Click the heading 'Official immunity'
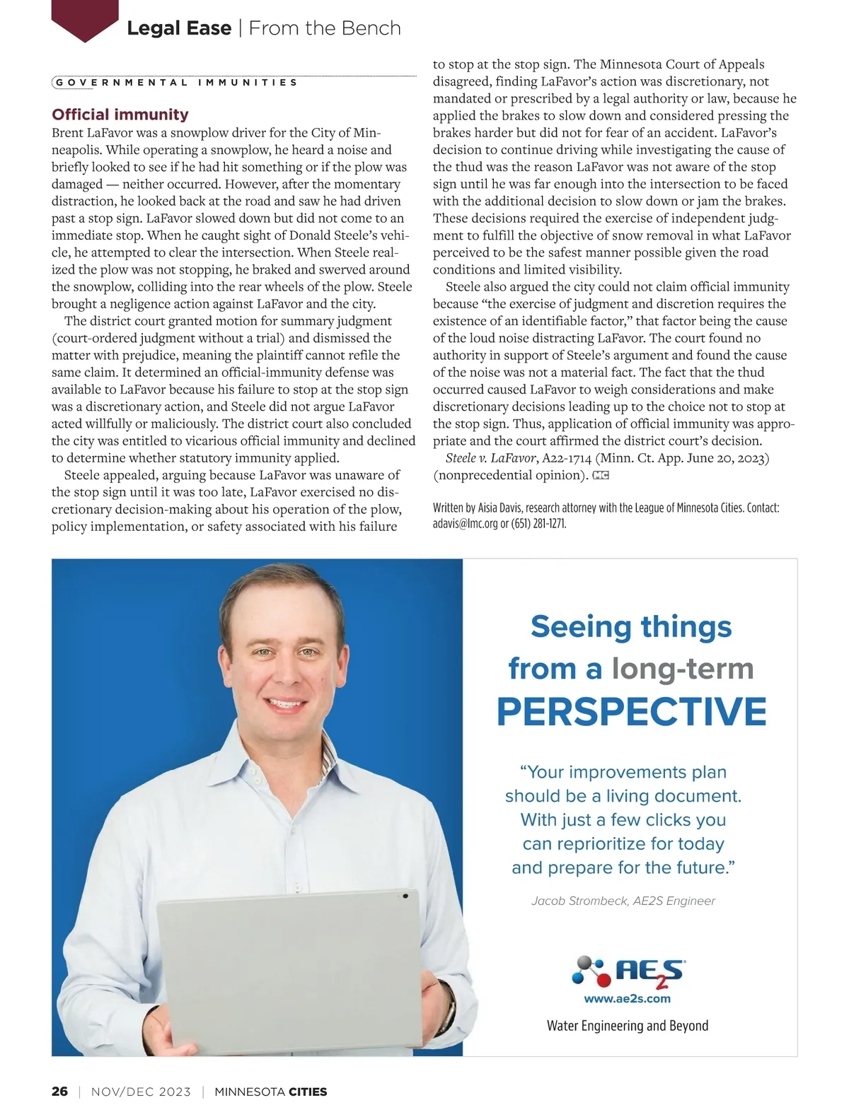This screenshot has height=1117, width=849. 120,115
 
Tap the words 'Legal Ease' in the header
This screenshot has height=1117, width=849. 179,28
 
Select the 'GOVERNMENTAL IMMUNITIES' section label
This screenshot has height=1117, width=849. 177,83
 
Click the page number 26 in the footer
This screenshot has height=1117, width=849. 59,1092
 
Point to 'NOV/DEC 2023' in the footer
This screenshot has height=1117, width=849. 141,1092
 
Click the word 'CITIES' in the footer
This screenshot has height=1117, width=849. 308,1092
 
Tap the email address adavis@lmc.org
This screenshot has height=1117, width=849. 466,524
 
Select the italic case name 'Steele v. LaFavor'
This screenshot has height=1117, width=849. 491,458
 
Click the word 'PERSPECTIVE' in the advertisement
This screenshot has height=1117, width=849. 631,712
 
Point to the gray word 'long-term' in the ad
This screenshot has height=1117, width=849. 683,669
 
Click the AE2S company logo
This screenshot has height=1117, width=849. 628,971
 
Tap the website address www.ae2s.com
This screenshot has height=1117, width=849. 627,999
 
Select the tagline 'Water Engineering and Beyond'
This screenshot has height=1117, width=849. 628,1026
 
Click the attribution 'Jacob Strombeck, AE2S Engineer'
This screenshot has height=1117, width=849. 623,901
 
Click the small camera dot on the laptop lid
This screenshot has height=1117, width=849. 405,896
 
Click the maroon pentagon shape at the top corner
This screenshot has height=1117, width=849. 85,20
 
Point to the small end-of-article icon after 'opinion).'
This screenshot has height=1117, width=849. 601,476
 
